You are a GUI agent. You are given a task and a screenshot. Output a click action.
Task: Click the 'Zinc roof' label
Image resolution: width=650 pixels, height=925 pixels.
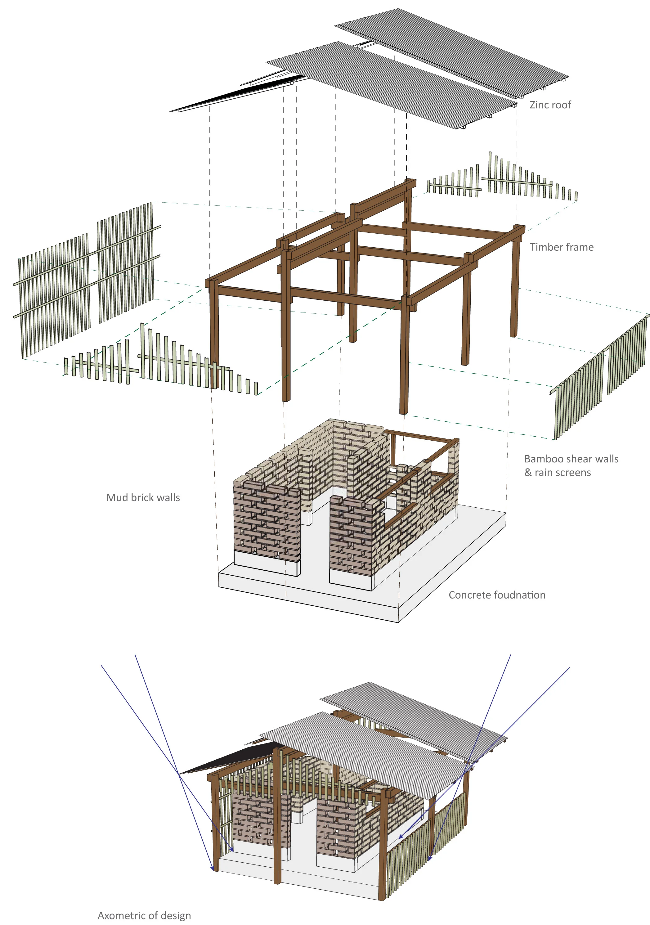(x=550, y=105)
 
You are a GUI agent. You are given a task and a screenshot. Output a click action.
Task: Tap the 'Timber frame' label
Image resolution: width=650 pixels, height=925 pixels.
(x=561, y=247)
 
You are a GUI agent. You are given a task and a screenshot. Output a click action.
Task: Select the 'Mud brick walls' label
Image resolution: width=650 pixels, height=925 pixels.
(x=143, y=497)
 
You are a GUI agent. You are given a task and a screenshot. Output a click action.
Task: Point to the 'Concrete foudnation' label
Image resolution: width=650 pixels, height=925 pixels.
(x=497, y=595)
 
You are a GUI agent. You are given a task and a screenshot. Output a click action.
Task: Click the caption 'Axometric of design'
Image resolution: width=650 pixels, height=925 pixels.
(x=144, y=915)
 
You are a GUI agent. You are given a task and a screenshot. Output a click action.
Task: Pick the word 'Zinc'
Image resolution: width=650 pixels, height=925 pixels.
(x=538, y=105)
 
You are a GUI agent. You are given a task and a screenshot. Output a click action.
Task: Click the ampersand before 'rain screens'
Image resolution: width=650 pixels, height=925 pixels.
(x=528, y=473)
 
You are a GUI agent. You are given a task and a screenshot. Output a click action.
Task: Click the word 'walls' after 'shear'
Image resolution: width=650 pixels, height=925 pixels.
(x=607, y=459)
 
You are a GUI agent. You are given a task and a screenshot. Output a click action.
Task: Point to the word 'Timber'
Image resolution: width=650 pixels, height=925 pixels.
(x=544, y=247)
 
